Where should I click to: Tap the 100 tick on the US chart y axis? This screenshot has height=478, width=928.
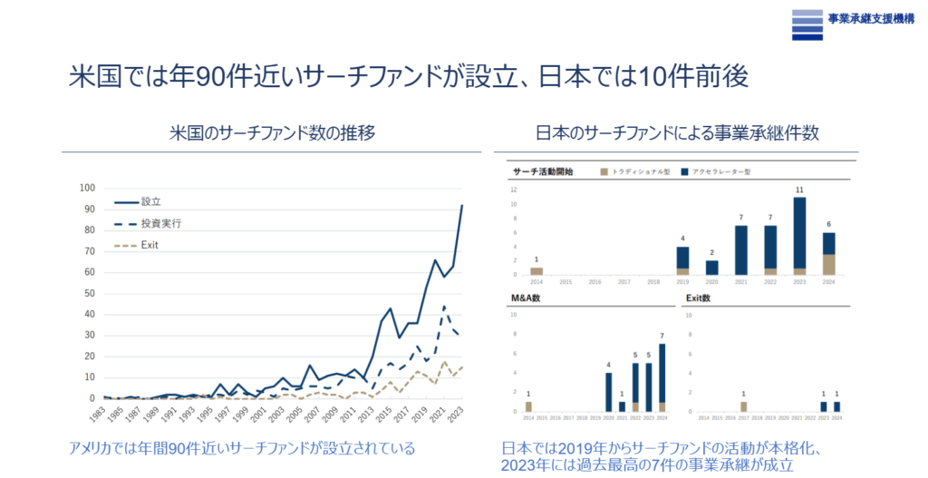coord(86,188)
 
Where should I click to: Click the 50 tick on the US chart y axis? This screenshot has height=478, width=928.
coord(88,293)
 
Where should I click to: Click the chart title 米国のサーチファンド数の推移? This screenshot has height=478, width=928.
coord(272,132)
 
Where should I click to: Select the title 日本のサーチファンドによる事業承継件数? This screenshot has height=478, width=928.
coord(678,132)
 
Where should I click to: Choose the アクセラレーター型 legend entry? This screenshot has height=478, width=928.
coord(714,171)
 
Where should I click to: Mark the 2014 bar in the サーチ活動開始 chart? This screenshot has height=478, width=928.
coord(536,270)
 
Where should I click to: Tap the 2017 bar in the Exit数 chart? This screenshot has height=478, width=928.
coord(742,406)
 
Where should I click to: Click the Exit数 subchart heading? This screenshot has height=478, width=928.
coord(698,298)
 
